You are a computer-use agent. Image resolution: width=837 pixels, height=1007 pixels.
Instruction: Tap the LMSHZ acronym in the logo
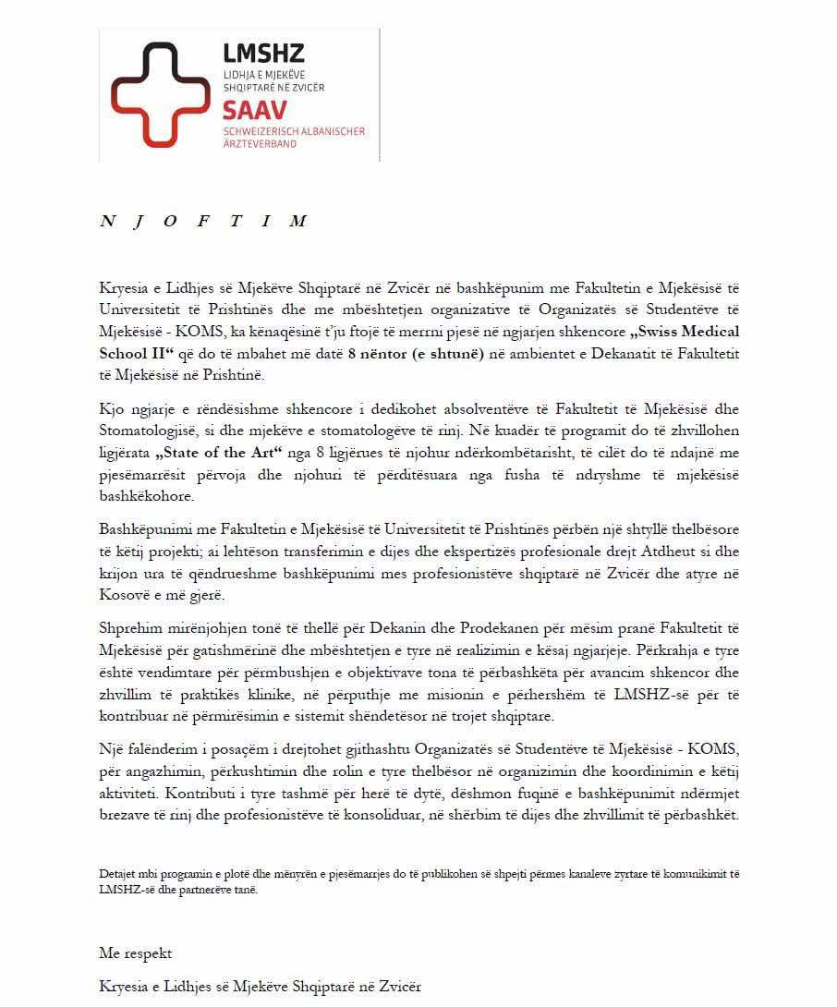[x=263, y=54]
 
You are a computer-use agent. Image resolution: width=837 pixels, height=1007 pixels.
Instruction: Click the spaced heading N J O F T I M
[x=202, y=222]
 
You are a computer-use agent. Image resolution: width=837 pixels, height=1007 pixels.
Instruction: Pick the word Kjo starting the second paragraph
[x=110, y=409]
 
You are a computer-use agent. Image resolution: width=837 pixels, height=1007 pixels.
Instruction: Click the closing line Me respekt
[x=136, y=953]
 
